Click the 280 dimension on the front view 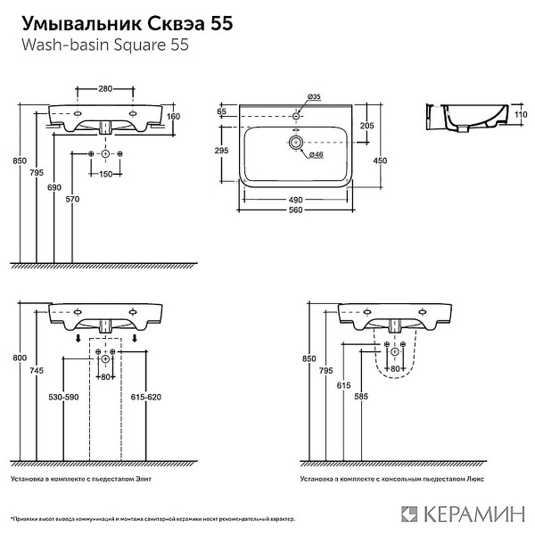pyautogui.click(x=106, y=89)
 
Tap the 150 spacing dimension pyautogui.click(x=106, y=173)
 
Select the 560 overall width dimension pyautogui.click(x=295, y=210)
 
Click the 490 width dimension pyautogui.click(x=295, y=199)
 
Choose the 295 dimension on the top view pyautogui.click(x=224, y=152)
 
